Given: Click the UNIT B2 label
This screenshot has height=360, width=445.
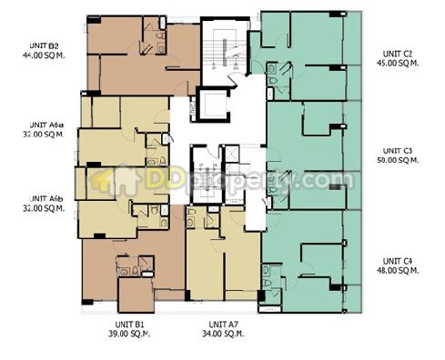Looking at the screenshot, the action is click(x=45, y=46).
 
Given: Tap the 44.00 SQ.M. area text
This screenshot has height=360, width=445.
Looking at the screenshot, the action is click(x=44, y=55).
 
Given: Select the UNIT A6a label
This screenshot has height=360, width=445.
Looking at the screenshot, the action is click(x=46, y=125).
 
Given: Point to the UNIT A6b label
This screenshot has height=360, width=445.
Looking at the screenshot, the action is click(x=46, y=199).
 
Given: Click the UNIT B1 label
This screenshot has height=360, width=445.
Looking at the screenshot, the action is click(x=129, y=325).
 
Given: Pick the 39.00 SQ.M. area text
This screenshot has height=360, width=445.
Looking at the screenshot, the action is click(x=129, y=334).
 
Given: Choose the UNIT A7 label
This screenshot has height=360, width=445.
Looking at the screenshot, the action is click(x=224, y=325).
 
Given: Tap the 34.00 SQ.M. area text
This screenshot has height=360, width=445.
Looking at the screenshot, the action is click(x=223, y=334).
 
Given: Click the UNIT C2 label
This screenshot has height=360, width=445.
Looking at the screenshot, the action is click(x=398, y=54).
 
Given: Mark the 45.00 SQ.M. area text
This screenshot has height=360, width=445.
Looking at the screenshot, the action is click(x=398, y=64).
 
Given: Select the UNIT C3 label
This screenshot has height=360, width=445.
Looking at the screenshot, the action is click(x=398, y=151).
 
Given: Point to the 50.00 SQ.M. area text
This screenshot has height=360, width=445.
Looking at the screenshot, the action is click(x=398, y=160).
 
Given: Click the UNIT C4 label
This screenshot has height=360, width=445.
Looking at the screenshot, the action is click(x=398, y=261).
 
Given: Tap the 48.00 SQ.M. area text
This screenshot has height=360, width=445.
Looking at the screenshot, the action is click(x=398, y=270).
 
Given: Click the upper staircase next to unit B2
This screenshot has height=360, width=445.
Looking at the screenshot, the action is click(x=225, y=52).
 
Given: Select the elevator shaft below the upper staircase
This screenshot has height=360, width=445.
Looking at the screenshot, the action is click(x=213, y=104).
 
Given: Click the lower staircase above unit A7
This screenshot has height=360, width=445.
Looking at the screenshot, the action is click(x=206, y=175).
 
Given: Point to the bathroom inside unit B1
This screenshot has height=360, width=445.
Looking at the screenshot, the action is click(x=136, y=266).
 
